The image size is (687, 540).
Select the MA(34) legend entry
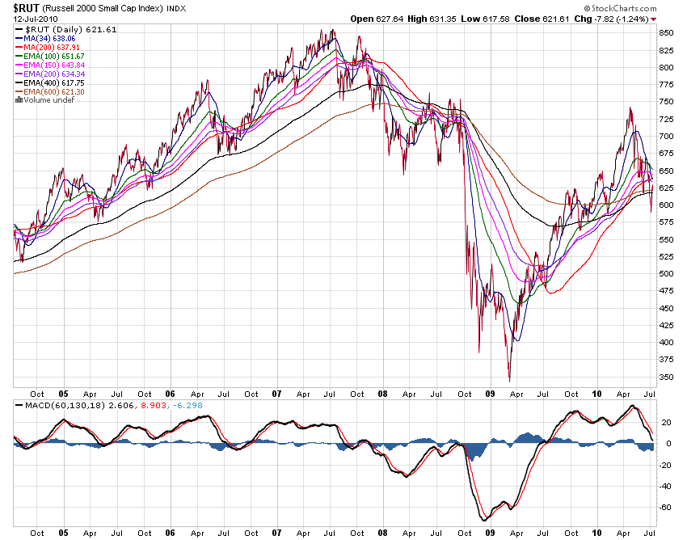point(50,37)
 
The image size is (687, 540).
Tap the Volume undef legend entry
point(46,100)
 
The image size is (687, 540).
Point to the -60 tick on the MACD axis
point(666,508)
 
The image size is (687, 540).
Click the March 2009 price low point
point(509,380)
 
